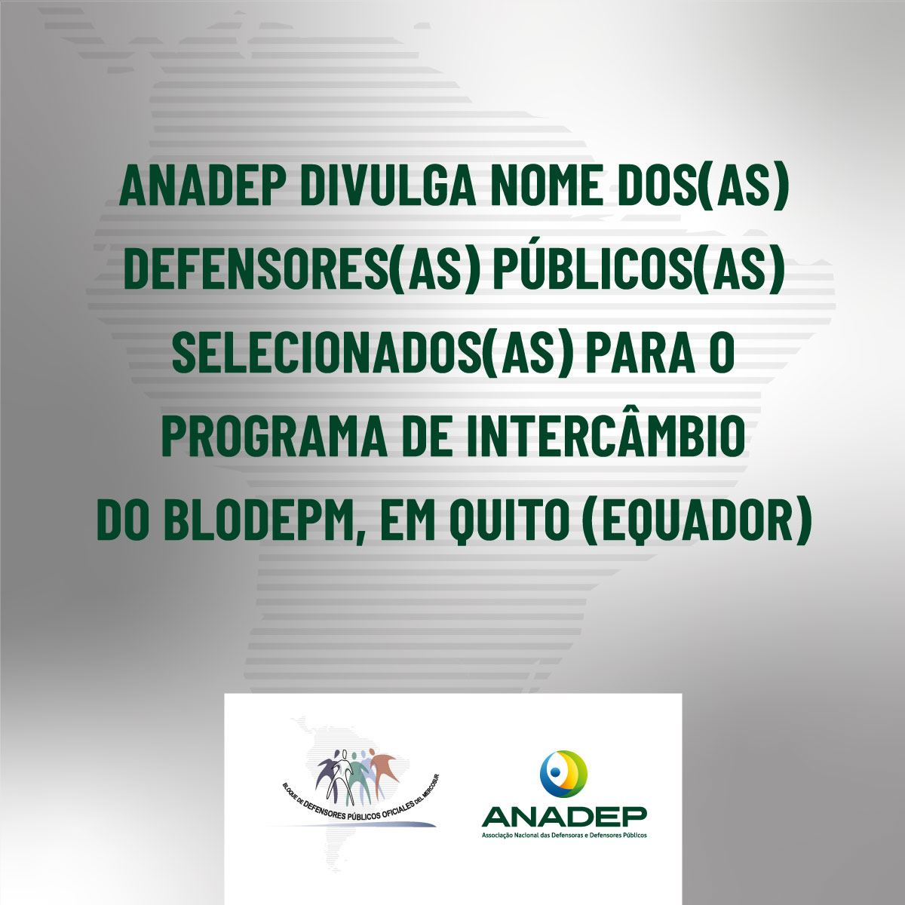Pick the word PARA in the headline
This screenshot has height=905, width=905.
click(x=640, y=354)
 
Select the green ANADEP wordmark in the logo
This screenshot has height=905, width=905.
click(x=564, y=818)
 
